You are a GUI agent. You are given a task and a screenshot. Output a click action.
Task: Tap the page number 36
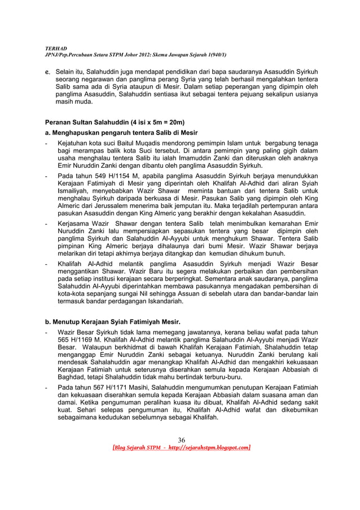point(182,441)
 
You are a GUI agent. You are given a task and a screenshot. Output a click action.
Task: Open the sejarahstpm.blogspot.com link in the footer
point(205,448)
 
